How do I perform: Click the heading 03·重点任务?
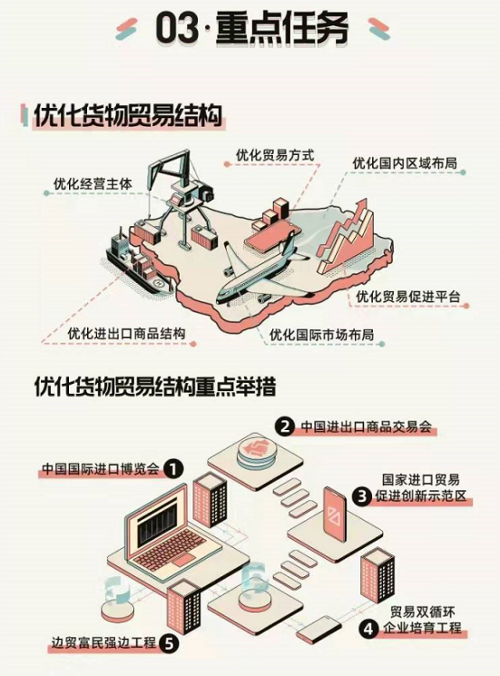252,29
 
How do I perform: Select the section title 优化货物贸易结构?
128,115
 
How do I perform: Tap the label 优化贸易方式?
275,155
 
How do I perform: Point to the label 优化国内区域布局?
405,163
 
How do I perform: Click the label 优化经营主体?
93,183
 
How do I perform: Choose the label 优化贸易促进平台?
408,297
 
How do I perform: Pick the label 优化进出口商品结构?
127,333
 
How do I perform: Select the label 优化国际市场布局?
321,335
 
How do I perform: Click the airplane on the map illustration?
263,271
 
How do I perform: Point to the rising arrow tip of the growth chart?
363,202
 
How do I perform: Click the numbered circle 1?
173,469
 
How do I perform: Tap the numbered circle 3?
362,496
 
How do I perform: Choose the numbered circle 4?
369,629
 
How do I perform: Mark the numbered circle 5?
169,643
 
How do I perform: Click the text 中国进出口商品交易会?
366,426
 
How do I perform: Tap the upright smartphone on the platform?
336,514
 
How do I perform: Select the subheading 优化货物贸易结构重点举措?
155,387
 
